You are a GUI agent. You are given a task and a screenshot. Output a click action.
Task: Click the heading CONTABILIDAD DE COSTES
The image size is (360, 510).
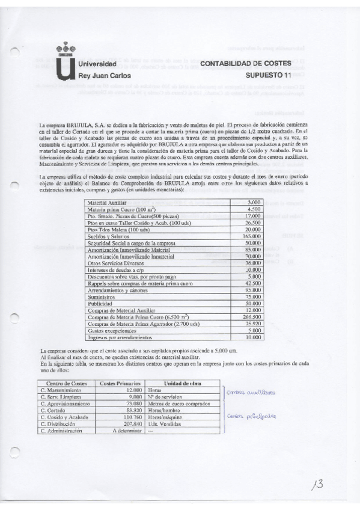[245, 63]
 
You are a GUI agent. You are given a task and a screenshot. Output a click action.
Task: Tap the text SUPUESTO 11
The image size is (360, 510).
[268, 76]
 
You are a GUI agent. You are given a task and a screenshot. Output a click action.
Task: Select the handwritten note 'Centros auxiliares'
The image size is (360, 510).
[251, 392]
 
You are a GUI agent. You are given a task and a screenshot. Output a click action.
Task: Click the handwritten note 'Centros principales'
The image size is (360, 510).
[251, 416]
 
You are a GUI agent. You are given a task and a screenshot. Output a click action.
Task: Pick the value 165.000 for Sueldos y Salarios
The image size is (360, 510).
[251, 238]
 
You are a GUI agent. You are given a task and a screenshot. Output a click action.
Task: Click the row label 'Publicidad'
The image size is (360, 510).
[99, 304]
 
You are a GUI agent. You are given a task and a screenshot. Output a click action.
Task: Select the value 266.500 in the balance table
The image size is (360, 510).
[251, 317]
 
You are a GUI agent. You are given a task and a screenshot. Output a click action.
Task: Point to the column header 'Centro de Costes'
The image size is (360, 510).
[63, 383]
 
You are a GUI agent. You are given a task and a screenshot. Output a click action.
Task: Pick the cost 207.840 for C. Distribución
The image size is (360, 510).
[130, 423]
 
